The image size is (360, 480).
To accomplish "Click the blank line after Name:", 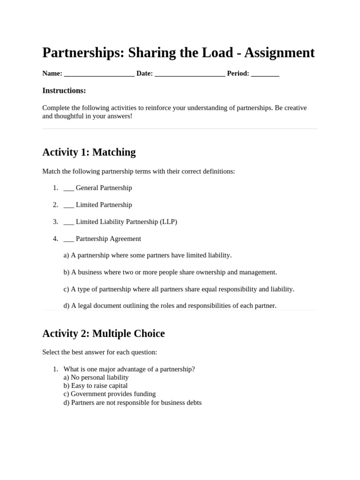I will coord(99,74).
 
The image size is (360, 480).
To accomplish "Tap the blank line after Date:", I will coord(189,74).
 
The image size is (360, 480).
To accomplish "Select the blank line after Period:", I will coord(265,74).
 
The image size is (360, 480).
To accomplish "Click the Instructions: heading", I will coord(64,90).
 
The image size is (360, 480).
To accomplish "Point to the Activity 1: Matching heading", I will coord(89,152).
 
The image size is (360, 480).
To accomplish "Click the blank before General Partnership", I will coord(68,188).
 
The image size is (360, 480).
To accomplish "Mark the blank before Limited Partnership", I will coord(68,205).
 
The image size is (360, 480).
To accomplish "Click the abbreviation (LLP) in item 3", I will coord(168,222).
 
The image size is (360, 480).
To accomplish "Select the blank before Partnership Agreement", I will coord(68,239).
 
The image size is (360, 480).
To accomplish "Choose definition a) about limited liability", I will coord(147,255).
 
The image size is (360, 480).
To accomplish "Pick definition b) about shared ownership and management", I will coord(170,272).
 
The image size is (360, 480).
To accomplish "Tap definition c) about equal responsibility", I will coord(179,289).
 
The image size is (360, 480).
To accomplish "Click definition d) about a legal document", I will coord(170,306).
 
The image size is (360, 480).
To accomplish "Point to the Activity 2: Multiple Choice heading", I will coord(104,334).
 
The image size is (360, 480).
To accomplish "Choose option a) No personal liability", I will coord(96,377).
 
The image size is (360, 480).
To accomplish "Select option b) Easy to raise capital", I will coord(95,386).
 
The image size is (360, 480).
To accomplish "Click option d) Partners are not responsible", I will coord(132,403).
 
